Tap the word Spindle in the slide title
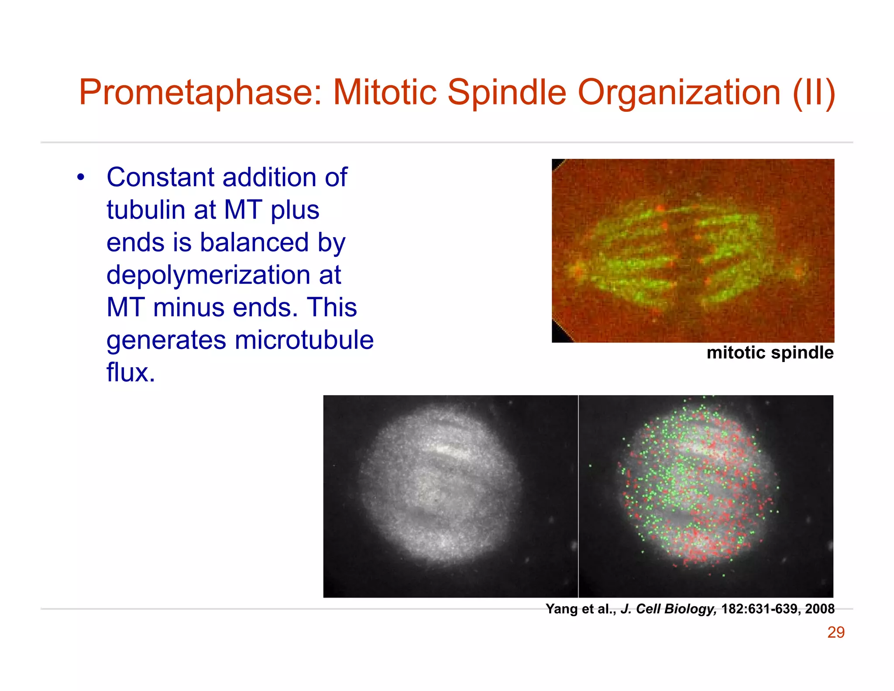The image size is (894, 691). (x=506, y=93)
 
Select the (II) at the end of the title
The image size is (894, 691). (x=814, y=93)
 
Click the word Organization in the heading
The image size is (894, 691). (x=679, y=93)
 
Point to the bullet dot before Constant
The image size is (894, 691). (x=80, y=178)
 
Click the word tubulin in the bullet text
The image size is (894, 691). (x=146, y=210)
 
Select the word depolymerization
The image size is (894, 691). (x=208, y=275)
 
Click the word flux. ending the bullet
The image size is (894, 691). (x=131, y=373)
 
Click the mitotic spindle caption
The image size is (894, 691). (x=770, y=352)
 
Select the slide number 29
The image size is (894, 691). (x=836, y=632)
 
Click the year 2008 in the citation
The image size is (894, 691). (x=819, y=608)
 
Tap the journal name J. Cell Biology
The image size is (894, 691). (x=668, y=608)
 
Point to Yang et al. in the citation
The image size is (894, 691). (x=580, y=608)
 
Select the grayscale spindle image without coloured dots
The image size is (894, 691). (x=450, y=496)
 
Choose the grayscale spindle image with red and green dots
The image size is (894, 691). (x=705, y=496)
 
